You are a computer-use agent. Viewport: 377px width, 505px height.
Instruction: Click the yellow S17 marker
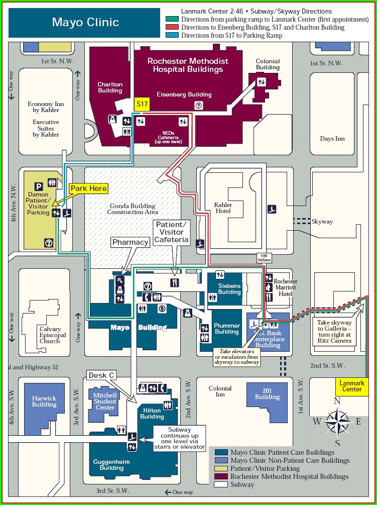(x=143, y=104)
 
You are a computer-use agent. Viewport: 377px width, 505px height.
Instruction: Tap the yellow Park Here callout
(x=88, y=188)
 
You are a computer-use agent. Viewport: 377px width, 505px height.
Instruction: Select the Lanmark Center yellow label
(x=351, y=386)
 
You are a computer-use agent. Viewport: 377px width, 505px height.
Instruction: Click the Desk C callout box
(x=102, y=375)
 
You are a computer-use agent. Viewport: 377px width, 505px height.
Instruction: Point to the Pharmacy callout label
(x=131, y=242)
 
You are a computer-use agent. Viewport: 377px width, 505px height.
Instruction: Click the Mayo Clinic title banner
(x=85, y=22)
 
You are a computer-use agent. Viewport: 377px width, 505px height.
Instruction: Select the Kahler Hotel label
(x=223, y=208)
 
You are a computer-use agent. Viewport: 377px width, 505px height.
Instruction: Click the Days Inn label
(x=332, y=139)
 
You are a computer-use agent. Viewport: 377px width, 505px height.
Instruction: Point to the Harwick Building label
(x=44, y=401)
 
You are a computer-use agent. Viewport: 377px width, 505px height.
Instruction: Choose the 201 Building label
(x=267, y=393)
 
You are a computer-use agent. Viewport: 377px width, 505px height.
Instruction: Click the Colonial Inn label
(x=220, y=391)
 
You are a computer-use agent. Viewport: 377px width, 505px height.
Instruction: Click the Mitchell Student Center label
(x=105, y=401)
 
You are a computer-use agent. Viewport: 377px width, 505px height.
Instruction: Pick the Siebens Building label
(x=229, y=289)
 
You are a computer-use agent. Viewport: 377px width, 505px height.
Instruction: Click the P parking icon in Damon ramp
(x=38, y=186)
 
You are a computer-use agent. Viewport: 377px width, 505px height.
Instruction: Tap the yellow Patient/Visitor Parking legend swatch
(x=221, y=468)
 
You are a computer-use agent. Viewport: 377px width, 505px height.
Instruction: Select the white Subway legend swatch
(x=221, y=484)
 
